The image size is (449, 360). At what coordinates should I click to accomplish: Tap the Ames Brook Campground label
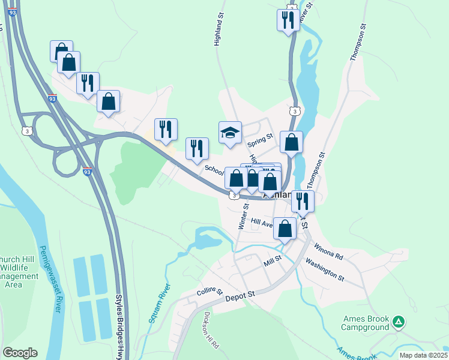366,323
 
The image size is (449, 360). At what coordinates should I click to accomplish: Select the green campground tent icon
398,323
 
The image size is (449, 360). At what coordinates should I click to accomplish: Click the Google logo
20,353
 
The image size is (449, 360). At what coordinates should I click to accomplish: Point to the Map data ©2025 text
423,355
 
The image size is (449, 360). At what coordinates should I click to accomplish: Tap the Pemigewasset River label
50,278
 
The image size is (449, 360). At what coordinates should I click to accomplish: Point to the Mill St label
272,263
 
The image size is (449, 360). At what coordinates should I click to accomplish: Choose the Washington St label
324,269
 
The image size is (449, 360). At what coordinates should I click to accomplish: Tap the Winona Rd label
328,250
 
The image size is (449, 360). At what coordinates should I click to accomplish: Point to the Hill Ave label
262,222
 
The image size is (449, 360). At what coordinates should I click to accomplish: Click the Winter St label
244,215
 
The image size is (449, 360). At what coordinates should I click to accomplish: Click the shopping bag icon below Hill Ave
285,228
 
